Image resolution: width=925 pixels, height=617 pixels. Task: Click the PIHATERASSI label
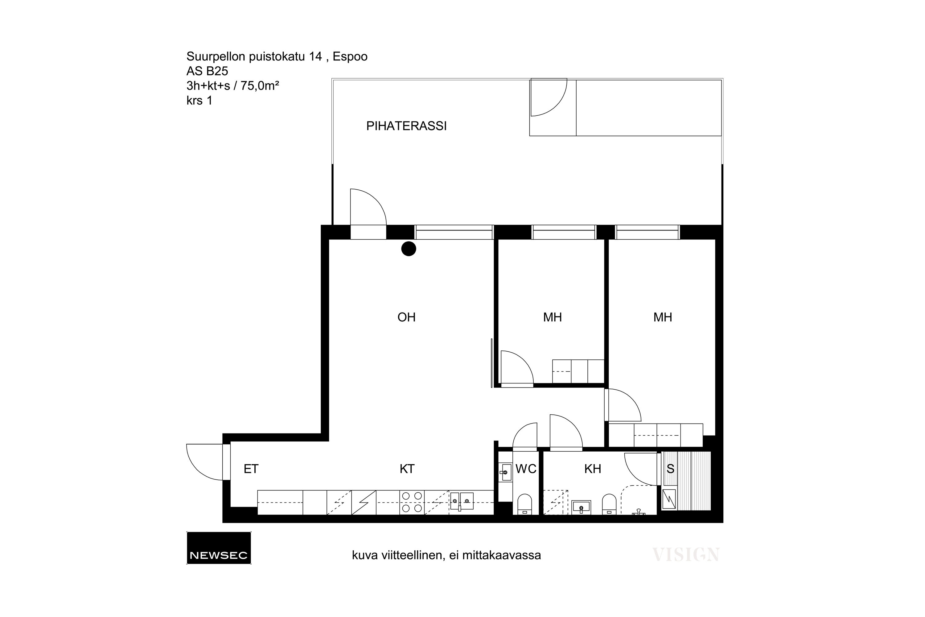tap(406, 126)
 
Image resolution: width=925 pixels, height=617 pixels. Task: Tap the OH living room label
tap(406, 317)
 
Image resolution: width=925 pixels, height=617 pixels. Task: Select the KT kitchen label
tap(407, 469)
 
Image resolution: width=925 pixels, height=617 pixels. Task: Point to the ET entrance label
tap(251, 469)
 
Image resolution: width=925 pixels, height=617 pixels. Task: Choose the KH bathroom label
tap(592, 469)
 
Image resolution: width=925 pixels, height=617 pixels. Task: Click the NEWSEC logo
tap(219, 548)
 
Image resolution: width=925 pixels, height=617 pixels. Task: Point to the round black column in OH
tap(409, 249)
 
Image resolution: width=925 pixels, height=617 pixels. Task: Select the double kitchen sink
tap(461, 501)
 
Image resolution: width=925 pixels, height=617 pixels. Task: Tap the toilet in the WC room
tap(524, 504)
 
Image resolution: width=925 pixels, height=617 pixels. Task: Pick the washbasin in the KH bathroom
tap(581, 507)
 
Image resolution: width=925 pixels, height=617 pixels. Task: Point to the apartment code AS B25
tap(207, 71)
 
